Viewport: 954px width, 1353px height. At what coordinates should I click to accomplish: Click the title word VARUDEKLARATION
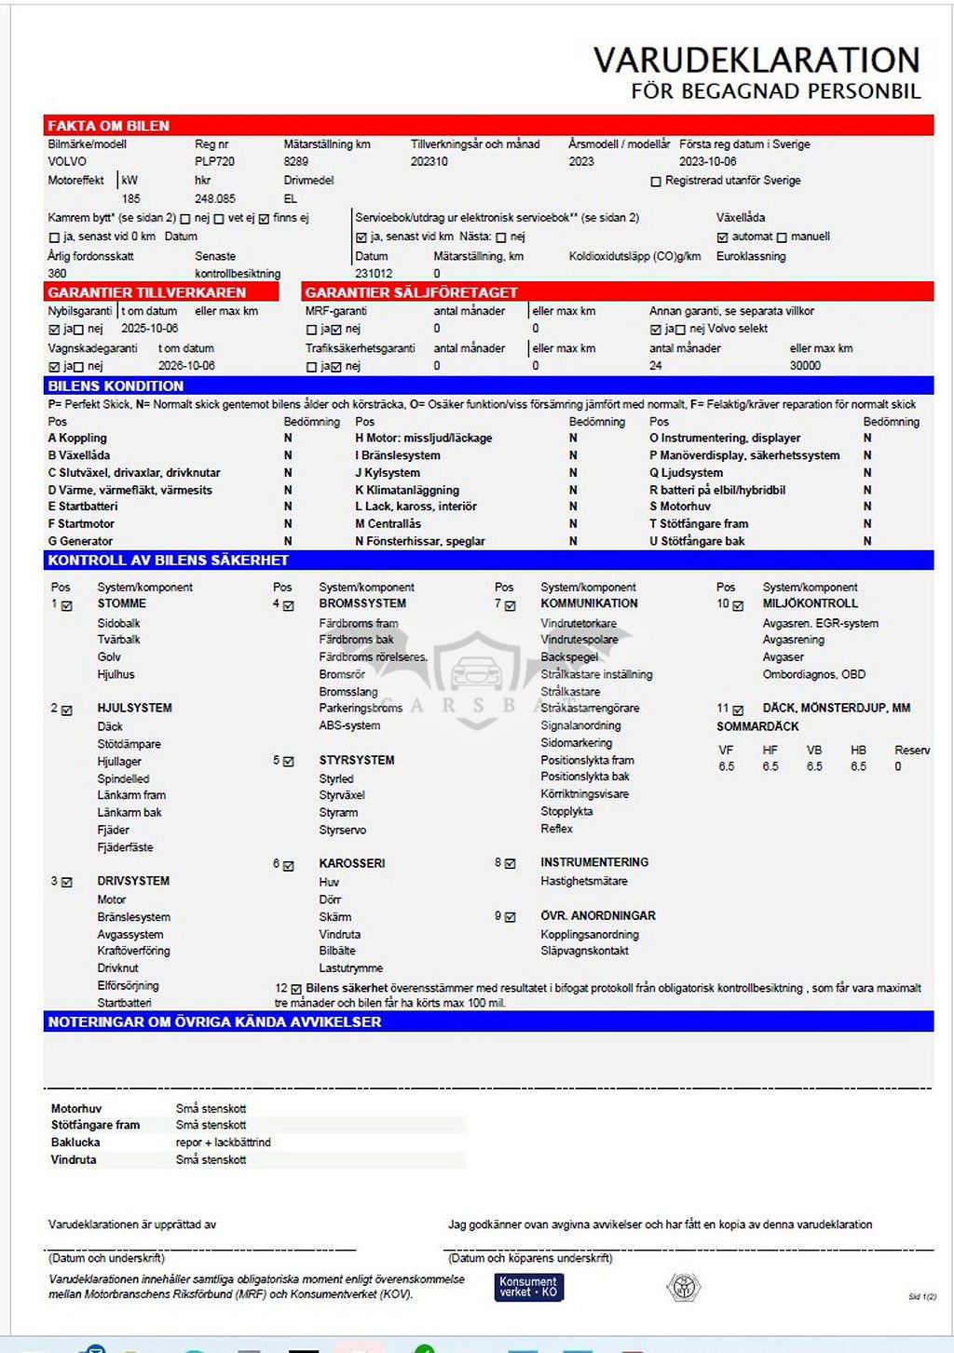pyautogui.click(x=756, y=61)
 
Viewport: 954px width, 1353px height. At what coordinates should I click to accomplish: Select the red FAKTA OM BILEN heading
pyautogui.click(x=108, y=126)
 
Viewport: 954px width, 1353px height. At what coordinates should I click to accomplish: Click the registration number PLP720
pyautogui.click(x=214, y=161)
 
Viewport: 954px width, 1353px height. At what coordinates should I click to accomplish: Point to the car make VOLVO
pyautogui.click(x=67, y=161)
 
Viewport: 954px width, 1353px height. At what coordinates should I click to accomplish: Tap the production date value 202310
pyautogui.click(x=429, y=161)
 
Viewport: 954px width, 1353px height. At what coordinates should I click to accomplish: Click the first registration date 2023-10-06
pyautogui.click(x=708, y=161)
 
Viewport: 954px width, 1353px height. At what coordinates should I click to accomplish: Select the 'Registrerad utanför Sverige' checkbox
pyautogui.click(x=656, y=182)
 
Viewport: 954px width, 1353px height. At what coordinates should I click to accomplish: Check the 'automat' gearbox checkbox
pyautogui.click(x=722, y=237)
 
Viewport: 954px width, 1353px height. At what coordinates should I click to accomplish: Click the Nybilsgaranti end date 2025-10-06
pyautogui.click(x=149, y=329)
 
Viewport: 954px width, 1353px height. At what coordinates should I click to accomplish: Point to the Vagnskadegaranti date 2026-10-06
pyautogui.click(x=186, y=366)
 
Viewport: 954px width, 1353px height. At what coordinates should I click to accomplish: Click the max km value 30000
pyautogui.click(x=805, y=366)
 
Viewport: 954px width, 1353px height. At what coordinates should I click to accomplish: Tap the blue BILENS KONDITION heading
pyautogui.click(x=116, y=386)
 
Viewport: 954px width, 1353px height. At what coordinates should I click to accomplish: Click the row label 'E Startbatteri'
pyautogui.click(x=83, y=507)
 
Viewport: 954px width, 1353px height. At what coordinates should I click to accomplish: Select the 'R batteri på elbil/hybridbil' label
pyautogui.click(x=717, y=490)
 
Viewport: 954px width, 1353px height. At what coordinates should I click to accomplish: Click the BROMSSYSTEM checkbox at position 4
pyautogui.click(x=289, y=606)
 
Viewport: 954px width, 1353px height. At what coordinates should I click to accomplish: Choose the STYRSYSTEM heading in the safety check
pyautogui.click(x=357, y=760)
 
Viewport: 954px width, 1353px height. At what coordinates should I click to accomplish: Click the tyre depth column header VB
pyautogui.click(x=814, y=751)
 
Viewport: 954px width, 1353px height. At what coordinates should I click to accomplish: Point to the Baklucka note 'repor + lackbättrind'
pyautogui.click(x=223, y=1143)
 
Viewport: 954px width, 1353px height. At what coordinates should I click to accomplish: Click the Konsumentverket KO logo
pyautogui.click(x=528, y=1287)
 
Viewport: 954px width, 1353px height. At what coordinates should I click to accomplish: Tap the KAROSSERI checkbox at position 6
pyautogui.click(x=289, y=866)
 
